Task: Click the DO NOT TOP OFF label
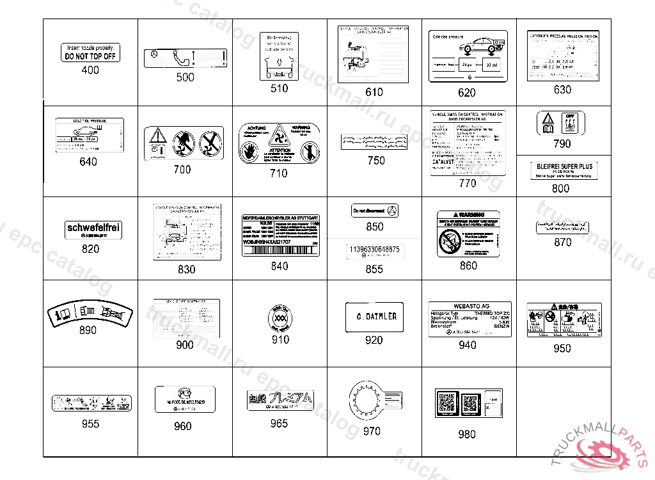point(91,52)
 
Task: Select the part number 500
point(185,77)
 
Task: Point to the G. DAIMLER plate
point(374,317)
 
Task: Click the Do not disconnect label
point(375,211)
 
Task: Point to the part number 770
point(468,183)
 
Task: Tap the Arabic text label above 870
point(562,227)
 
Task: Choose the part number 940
point(468,345)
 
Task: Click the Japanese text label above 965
point(279,400)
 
